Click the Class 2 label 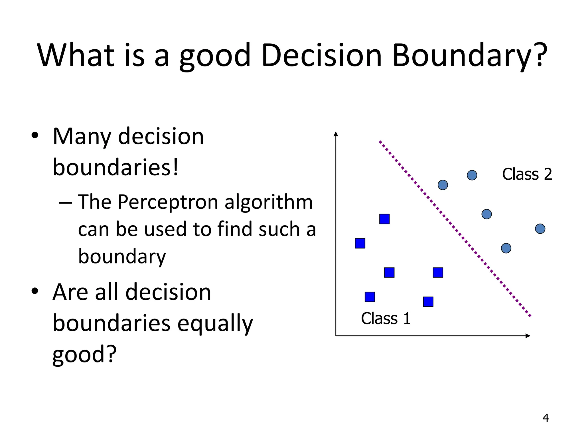tap(527, 174)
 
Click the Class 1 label tap(386, 319)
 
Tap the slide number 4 tap(546, 418)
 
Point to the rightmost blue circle tap(540, 229)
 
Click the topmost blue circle tap(472, 175)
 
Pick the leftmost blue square tap(360, 243)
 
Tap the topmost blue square tap(384, 219)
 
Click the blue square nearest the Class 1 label tap(370, 297)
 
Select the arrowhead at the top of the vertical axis tap(336, 134)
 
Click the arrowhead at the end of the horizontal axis tap(528, 336)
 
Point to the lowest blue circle tap(506, 248)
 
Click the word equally tap(215, 324)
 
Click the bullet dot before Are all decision tap(35, 291)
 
